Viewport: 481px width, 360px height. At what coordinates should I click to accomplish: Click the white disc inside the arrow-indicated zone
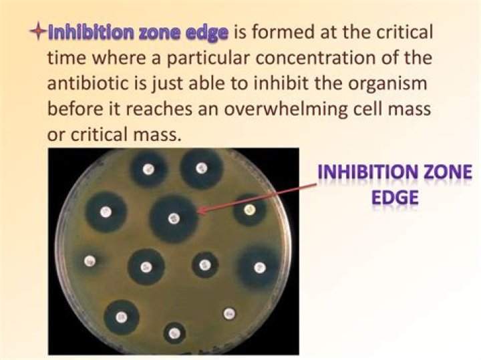pyautogui.click(x=174, y=218)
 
